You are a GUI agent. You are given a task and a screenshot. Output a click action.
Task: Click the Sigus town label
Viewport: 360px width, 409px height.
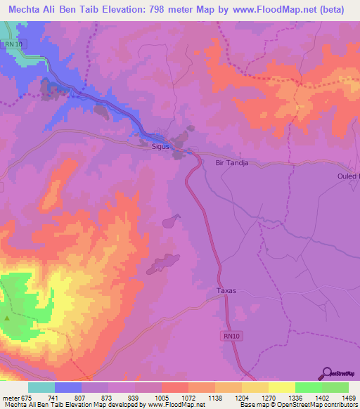162,147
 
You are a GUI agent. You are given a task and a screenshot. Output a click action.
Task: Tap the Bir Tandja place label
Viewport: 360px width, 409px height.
232,163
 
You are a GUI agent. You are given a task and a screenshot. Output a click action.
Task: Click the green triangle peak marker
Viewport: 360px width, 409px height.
7,319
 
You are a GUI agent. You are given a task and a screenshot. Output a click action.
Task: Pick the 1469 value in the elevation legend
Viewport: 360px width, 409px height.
341,398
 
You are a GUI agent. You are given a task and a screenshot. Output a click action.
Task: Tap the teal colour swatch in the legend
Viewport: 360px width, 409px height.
41,387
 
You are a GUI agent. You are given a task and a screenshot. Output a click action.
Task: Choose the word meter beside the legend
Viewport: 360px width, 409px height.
11,398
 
